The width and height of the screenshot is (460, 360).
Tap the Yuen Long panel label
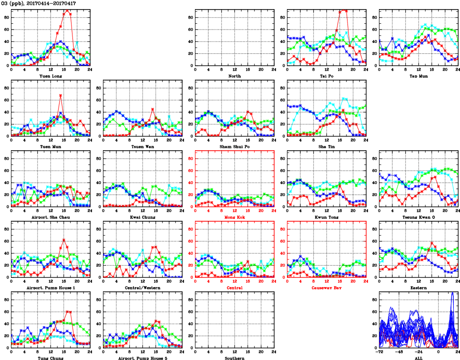tap(51, 76)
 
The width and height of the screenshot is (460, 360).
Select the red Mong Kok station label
tap(235, 217)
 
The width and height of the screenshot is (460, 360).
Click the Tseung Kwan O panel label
tap(419, 217)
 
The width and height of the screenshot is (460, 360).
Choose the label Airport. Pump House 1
tap(51, 288)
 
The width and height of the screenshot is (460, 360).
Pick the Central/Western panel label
tap(143, 288)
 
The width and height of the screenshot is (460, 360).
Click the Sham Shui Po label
tap(235, 146)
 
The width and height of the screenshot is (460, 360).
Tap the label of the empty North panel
tap(235, 76)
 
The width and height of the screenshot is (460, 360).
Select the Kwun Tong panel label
tap(327, 217)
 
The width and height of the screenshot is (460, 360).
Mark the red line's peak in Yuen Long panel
tap(67, 10)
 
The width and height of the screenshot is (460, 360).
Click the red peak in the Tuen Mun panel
tap(61, 95)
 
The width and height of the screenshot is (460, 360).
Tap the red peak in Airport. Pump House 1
tap(64, 240)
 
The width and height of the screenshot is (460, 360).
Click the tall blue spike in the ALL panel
tap(452, 293)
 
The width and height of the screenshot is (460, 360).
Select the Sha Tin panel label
tap(327, 146)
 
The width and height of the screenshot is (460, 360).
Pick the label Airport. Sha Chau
tap(51, 217)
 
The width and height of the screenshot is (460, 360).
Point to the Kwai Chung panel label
tap(143, 217)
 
